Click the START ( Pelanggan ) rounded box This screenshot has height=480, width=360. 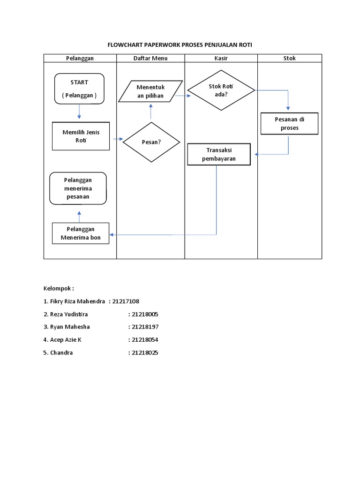coord(79,88)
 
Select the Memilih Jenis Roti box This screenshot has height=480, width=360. coord(81,136)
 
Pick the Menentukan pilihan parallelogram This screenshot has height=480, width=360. coord(150,91)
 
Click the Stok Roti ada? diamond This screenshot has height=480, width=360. coord(221,90)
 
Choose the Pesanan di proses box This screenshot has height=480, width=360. coord(289,124)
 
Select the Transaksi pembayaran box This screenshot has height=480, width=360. coord(219,154)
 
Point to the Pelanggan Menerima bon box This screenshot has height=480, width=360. coord(80,233)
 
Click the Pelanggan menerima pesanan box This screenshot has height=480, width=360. coord(78,188)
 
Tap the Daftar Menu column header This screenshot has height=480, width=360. coord(150,58)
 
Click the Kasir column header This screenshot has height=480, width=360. coord(221,58)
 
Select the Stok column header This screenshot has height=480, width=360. coord(289,58)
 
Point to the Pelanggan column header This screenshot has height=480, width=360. coord(80,58)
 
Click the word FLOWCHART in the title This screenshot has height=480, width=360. coord(126,45)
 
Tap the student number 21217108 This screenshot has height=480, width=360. coord(126,301)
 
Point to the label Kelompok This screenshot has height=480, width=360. coord(58,288)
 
